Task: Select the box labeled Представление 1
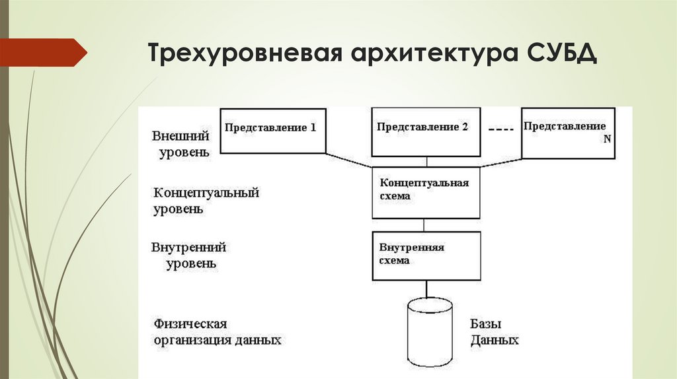[272, 130]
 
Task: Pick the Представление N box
[567, 133]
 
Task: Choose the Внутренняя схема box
[426, 255]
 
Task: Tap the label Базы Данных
[494, 333]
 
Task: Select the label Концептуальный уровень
[206, 201]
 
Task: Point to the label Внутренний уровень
[189, 255]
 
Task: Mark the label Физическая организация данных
[218, 332]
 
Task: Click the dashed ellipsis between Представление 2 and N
[500, 129]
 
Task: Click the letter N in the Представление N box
[606, 139]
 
